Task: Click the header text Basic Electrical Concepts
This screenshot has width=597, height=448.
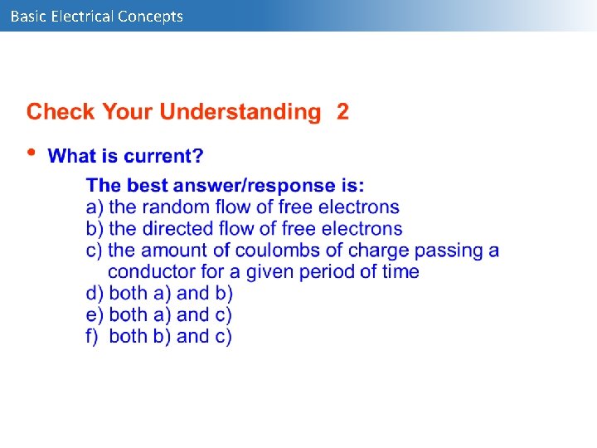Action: point(96,16)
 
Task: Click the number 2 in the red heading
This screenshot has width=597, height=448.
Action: point(342,112)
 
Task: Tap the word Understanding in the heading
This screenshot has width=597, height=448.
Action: point(240,113)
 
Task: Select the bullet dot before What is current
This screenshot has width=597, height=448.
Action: point(32,152)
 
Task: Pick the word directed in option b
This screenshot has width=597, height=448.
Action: point(177,228)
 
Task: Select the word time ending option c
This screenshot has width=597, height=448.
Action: point(400,271)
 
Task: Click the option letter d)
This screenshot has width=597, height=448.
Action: point(95,293)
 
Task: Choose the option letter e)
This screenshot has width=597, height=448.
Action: point(95,314)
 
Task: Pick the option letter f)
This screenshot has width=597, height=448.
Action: point(93,336)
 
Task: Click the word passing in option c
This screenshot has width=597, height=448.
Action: point(449,250)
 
